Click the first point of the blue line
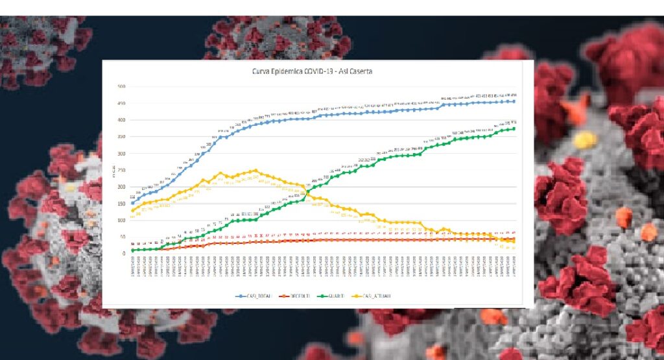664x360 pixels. click(132, 202)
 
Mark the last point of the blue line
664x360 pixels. click(514, 101)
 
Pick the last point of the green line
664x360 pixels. click(514, 128)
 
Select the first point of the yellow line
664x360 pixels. click(132, 210)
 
